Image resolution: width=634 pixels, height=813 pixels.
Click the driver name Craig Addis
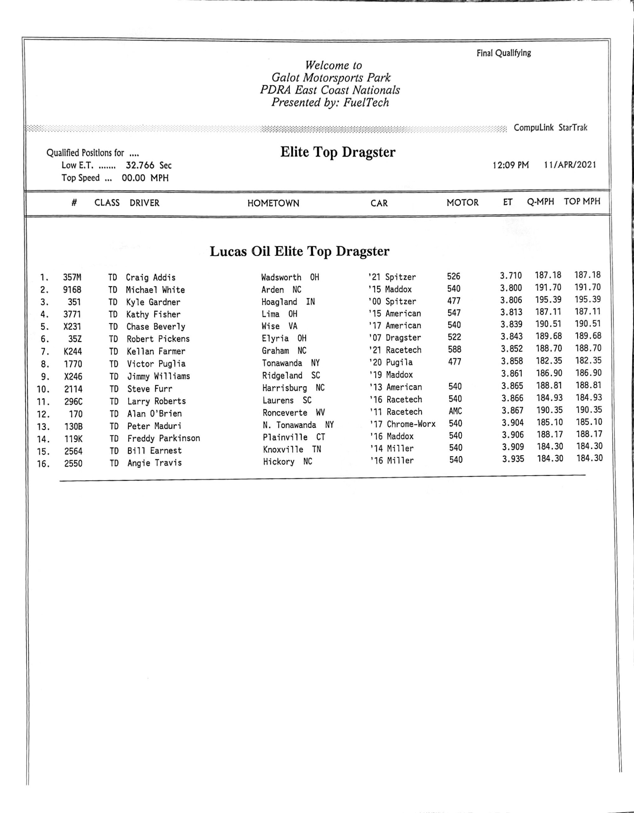click(x=151, y=277)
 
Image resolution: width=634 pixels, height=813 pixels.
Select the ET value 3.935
click(x=513, y=459)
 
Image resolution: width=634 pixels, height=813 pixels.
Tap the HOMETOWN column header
click(x=273, y=203)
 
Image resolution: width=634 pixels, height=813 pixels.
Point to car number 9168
click(x=72, y=290)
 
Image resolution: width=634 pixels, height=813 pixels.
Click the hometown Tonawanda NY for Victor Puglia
click(x=291, y=363)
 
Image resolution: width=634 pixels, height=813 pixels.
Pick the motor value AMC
click(x=455, y=411)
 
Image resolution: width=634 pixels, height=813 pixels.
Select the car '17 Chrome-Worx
click(x=402, y=424)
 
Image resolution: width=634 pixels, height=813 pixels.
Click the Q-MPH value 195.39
click(x=548, y=300)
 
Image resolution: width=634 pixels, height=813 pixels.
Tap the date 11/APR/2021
click(x=570, y=165)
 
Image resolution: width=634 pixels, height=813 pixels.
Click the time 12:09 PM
click(x=510, y=165)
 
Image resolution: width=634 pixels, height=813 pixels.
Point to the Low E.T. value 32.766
click(x=140, y=165)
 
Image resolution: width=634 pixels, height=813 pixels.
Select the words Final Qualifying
click(x=504, y=53)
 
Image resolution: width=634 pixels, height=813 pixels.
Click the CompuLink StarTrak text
click(x=550, y=128)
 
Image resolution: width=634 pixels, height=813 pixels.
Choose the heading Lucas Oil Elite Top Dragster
click(x=299, y=251)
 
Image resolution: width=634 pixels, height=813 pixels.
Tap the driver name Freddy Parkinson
click(x=164, y=438)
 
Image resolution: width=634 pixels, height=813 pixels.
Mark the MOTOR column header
click(x=462, y=203)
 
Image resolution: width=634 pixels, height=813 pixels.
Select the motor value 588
click(x=455, y=349)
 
